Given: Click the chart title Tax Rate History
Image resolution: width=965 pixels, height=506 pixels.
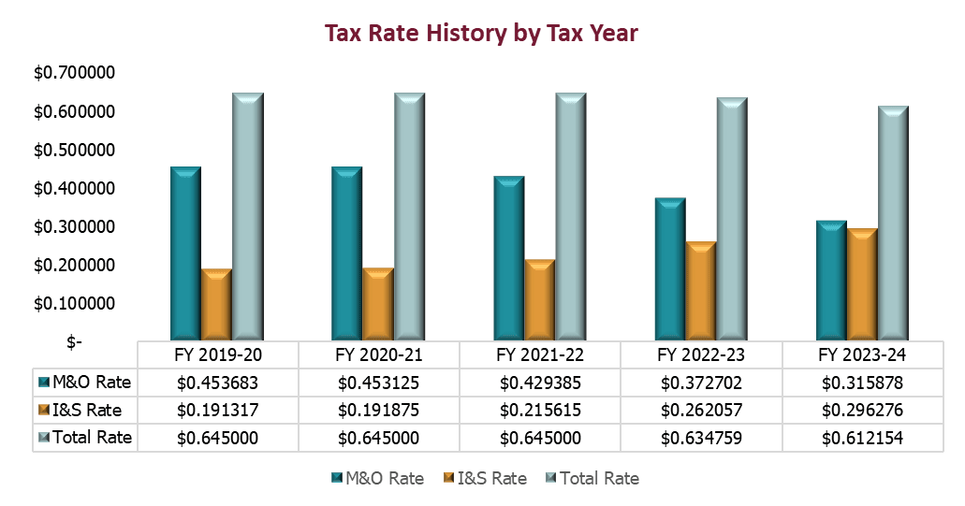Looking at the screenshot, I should [x=481, y=34].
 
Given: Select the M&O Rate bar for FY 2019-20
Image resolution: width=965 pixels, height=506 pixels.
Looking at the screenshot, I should [x=185, y=253].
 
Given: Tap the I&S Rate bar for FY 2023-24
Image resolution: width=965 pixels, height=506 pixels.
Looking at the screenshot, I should [x=862, y=282].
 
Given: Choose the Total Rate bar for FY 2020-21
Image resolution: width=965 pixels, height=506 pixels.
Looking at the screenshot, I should [x=409, y=215].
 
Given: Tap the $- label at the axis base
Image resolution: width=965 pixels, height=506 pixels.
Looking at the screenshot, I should [x=74, y=342].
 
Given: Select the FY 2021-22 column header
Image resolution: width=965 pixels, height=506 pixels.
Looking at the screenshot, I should [x=539, y=354].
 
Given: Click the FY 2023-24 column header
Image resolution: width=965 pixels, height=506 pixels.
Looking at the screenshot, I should [x=862, y=354].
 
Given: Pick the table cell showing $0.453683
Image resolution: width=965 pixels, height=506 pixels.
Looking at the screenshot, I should [x=217, y=382].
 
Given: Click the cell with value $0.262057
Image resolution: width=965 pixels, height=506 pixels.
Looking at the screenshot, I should [x=700, y=410].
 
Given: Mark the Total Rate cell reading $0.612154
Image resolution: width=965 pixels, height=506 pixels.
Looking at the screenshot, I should [x=862, y=438].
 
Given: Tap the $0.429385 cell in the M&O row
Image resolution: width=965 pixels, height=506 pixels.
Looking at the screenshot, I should [x=539, y=382].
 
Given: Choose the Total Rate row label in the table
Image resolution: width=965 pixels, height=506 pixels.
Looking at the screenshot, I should [x=85, y=438].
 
